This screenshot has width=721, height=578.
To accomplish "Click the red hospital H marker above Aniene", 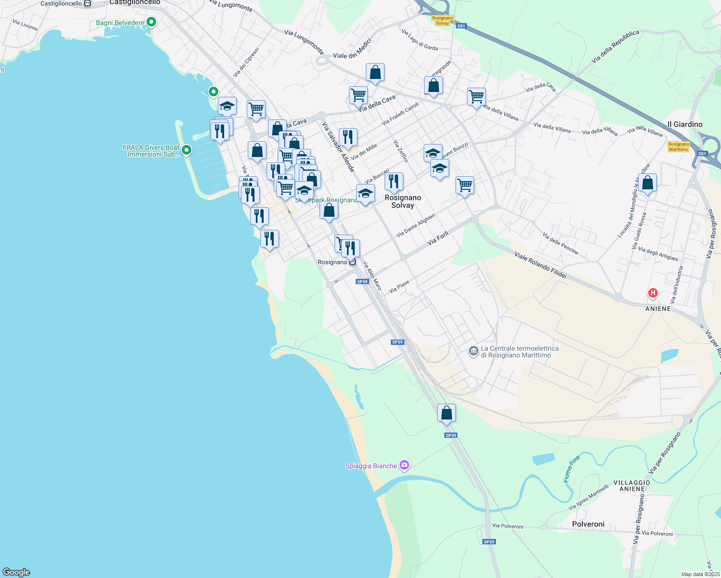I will (653, 293).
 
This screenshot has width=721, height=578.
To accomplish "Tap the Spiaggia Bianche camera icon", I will (404, 465).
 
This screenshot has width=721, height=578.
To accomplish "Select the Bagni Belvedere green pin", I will (151, 22).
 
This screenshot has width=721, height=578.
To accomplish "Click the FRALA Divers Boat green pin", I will (187, 151).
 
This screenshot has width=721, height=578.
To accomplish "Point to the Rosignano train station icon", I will (353, 262).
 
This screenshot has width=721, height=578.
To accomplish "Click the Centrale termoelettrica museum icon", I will (473, 351).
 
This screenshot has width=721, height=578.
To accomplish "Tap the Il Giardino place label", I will (685, 124).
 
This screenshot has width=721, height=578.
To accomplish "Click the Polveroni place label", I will (588, 524).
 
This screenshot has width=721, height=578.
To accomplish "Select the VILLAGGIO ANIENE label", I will (631, 486).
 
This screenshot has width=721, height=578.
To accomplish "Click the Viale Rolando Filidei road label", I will (540, 265).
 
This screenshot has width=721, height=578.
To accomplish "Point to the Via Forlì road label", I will (438, 238).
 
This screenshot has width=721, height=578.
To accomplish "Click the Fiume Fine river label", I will (572, 469).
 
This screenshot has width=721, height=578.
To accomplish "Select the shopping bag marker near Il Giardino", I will (648, 183).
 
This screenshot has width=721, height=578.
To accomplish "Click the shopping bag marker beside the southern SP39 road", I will (446, 413).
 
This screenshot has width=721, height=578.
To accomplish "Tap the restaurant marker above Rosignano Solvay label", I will (394, 182).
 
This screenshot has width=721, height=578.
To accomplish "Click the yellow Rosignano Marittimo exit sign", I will (679, 146).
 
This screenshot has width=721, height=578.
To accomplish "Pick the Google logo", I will (16, 572).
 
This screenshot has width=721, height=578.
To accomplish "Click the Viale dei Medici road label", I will (352, 49).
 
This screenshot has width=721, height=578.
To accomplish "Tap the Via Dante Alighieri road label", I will (415, 225).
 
